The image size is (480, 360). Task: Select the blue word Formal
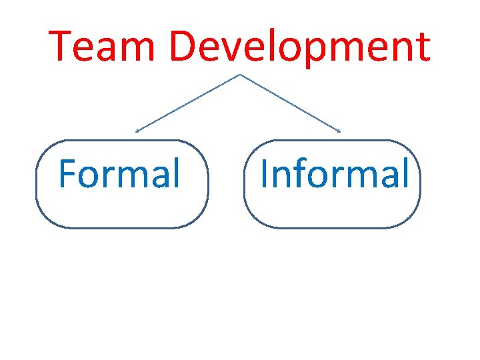pos(119,173)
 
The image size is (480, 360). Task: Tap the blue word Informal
pos(333,173)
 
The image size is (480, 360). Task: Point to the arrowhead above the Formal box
pos(137,131)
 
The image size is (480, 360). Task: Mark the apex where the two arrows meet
pos(239,75)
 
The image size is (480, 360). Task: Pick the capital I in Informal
pos(265,173)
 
